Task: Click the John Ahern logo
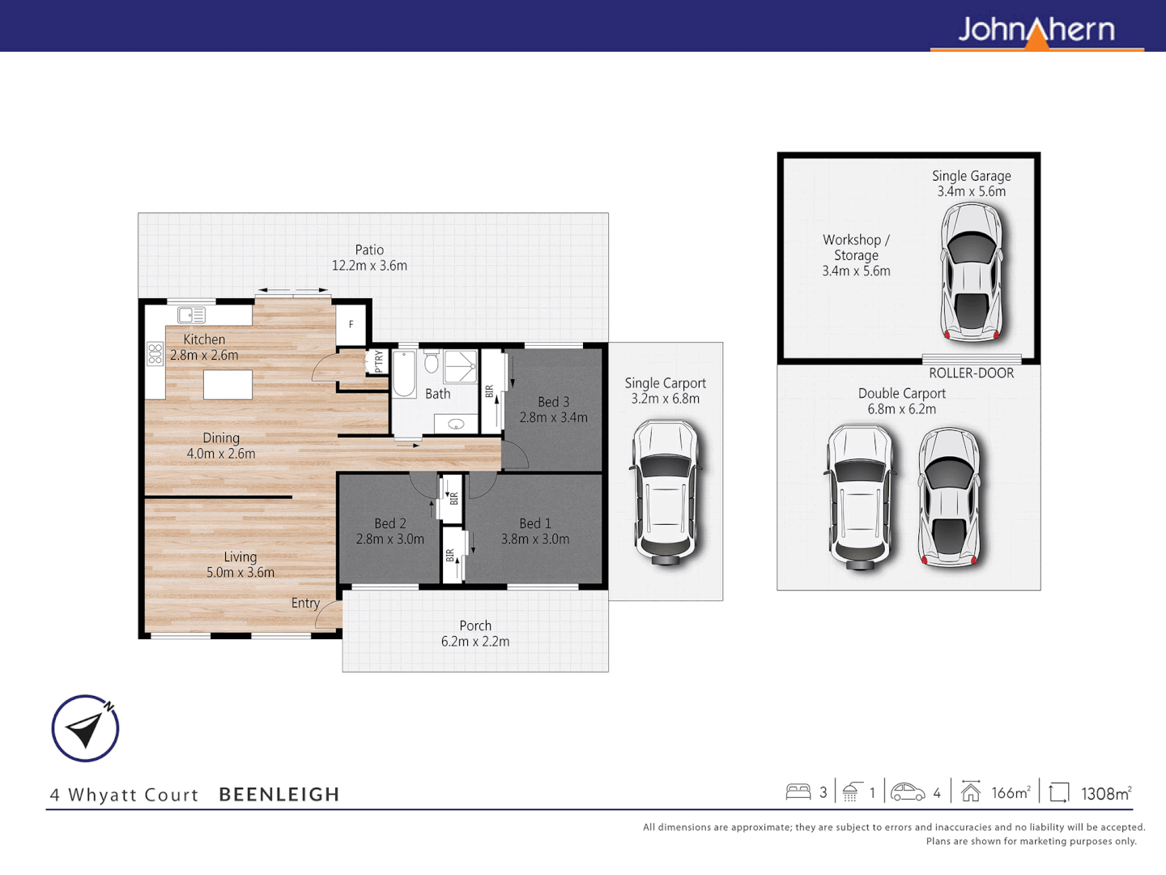pyautogui.click(x=1036, y=31)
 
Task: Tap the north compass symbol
pyautogui.click(x=85, y=728)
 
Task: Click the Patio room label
pyautogui.click(x=369, y=250)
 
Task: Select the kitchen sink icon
pyautogui.click(x=192, y=315)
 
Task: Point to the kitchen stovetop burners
pyautogui.click(x=155, y=354)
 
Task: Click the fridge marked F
pyautogui.click(x=351, y=324)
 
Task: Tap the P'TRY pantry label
pyautogui.click(x=378, y=361)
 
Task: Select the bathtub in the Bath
pyautogui.click(x=404, y=373)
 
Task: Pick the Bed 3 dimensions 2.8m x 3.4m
pyautogui.click(x=553, y=418)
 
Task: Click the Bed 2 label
pyautogui.click(x=389, y=523)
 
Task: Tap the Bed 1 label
pyautogui.click(x=534, y=523)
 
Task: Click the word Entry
pyautogui.click(x=305, y=603)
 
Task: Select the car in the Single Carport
pyautogui.click(x=665, y=492)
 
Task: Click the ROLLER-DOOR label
pyautogui.click(x=971, y=373)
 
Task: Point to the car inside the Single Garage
pyautogui.click(x=971, y=272)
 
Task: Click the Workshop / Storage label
pyautogui.click(x=856, y=255)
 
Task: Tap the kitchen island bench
pyautogui.click(x=228, y=385)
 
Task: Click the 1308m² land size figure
pyautogui.click(x=1105, y=793)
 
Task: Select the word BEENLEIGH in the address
pyautogui.click(x=279, y=795)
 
